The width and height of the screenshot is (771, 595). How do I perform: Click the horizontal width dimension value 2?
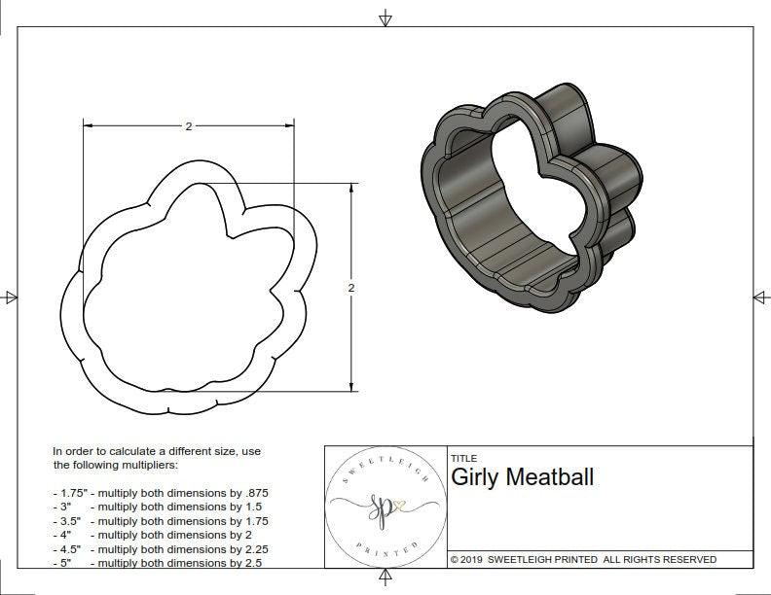(187, 126)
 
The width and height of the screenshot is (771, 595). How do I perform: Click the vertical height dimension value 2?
(350, 288)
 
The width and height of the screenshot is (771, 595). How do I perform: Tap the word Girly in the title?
(474, 477)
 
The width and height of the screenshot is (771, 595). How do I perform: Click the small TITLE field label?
(463, 459)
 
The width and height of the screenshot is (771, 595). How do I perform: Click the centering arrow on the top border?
(385, 17)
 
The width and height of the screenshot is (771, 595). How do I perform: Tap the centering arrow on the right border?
(760, 297)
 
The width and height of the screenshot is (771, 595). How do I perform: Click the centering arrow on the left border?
(11, 297)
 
